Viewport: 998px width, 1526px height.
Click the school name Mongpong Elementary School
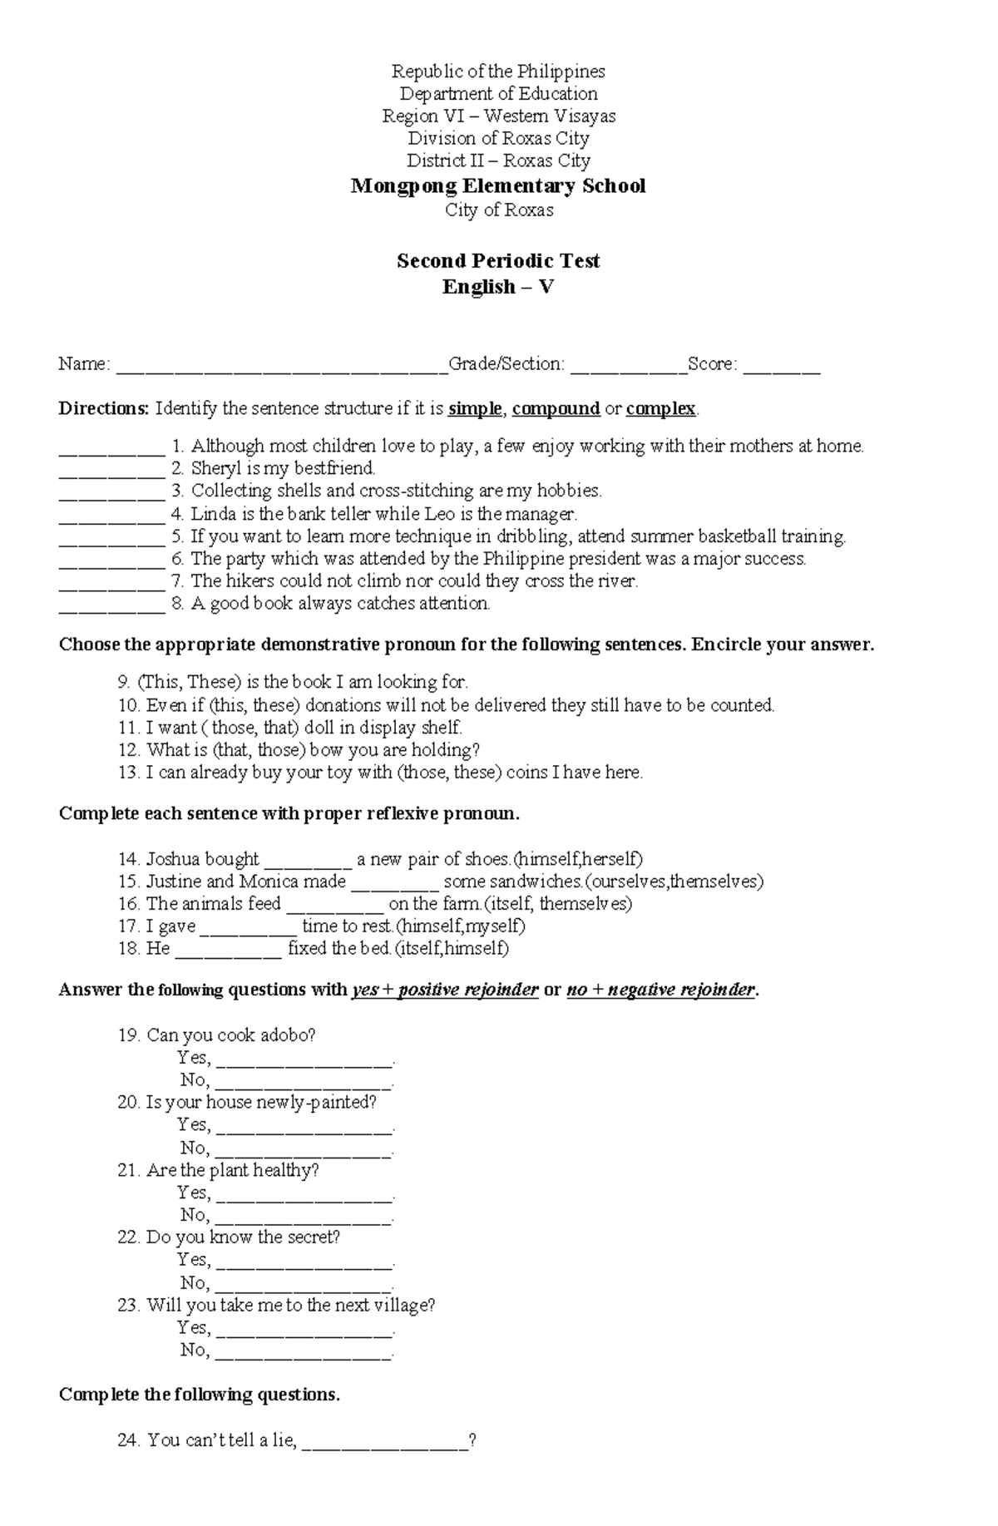498,185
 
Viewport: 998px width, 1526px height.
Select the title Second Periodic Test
498,260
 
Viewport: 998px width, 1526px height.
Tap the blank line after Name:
281,366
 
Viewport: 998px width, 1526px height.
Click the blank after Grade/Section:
628,366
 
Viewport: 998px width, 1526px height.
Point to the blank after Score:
781,366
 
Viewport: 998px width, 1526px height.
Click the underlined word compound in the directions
556,408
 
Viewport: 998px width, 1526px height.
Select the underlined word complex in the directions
660,408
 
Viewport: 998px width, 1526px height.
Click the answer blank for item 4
111,516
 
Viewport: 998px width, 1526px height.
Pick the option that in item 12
231,749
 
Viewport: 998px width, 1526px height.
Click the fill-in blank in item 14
307,861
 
